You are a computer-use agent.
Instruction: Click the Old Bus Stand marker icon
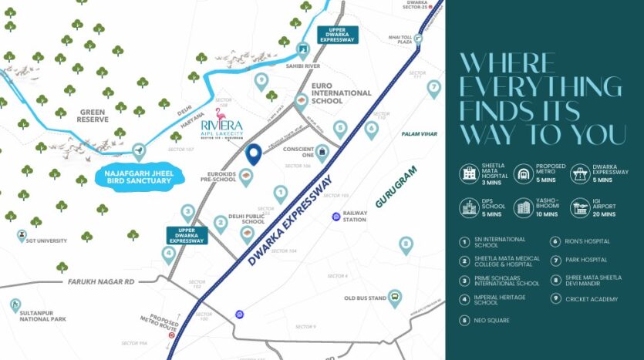click(x=395, y=298)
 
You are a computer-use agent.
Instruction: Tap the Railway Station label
click(x=354, y=215)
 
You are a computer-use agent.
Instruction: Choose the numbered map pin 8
click(x=406, y=245)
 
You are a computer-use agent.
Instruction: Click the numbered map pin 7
click(x=433, y=88)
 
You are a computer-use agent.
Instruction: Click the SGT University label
click(x=45, y=240)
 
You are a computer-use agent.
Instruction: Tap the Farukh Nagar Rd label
click(x=100, y=283)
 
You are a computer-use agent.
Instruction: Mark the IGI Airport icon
click(x=579, y=207)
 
